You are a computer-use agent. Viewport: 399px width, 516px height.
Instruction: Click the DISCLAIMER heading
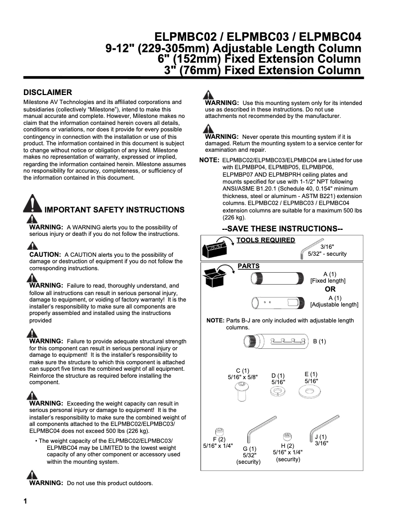(x=48, y=93)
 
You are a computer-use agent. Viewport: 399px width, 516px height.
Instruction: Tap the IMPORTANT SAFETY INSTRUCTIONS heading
(x=114, y=210)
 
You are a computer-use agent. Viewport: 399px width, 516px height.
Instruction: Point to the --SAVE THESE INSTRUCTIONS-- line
(x=282, y=228)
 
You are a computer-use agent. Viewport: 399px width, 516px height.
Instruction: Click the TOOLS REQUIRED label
(x=266, y=240)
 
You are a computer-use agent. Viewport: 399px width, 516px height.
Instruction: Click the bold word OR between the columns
(x=330, y=289)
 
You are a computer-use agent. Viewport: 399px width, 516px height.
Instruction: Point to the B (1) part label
(x=319, y=341)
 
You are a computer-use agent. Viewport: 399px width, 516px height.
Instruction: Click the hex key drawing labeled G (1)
(x=255, y=431)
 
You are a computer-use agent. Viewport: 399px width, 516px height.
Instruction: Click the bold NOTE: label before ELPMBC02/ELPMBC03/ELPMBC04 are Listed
(x=209, y=160)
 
